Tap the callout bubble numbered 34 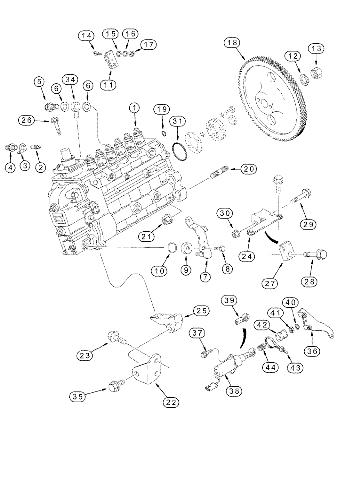pyautogui.click(x=70, y=80)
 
